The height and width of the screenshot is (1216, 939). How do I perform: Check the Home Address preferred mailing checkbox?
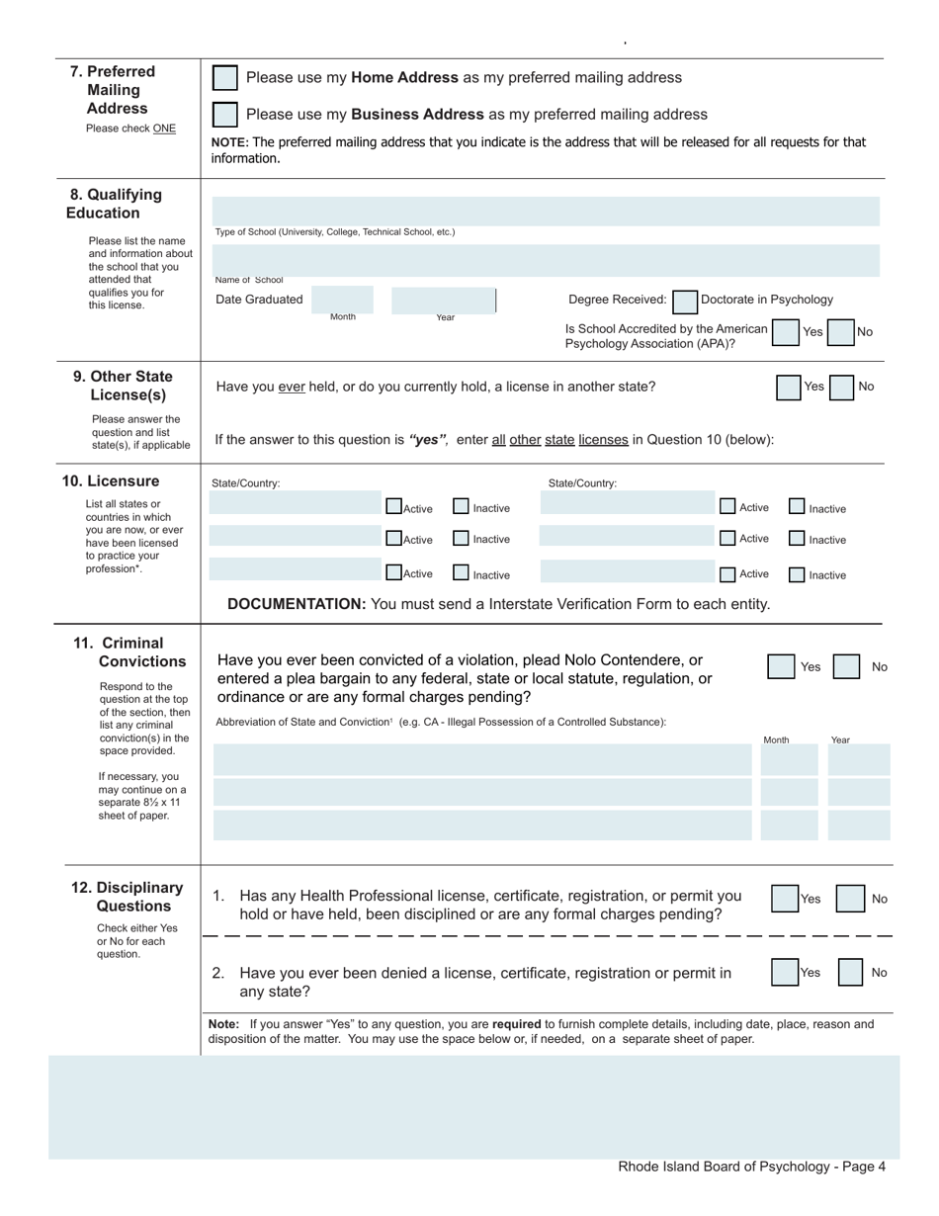[225, 78]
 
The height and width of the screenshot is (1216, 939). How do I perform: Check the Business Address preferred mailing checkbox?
[225, 115]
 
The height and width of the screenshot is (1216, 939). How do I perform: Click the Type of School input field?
[546, 211]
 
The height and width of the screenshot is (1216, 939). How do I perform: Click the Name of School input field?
[546, 260]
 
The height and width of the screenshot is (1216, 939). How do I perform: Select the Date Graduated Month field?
[343, 300]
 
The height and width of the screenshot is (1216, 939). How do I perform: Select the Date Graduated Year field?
[443, 300]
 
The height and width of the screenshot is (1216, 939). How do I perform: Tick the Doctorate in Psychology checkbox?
[685, 301]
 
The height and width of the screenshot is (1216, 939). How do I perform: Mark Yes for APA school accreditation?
[786, 332]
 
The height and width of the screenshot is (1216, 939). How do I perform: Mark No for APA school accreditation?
[840, 332]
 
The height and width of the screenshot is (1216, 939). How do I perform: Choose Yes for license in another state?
[789, 388]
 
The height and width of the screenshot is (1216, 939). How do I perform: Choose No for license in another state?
[842, 388]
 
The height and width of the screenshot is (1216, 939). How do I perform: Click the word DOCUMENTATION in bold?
[297, 604]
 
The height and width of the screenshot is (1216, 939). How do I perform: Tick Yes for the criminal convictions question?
[781, 666]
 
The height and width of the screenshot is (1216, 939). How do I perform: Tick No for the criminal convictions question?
[846, 666]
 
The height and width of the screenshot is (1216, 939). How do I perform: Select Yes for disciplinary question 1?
[785, 899]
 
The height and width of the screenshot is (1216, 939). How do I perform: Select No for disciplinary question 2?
[850, 973]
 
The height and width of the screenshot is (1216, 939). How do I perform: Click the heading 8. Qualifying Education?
[115, 204]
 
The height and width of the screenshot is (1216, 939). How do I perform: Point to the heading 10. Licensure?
[111, 481]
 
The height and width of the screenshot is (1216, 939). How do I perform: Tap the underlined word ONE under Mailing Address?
[164, 129]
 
